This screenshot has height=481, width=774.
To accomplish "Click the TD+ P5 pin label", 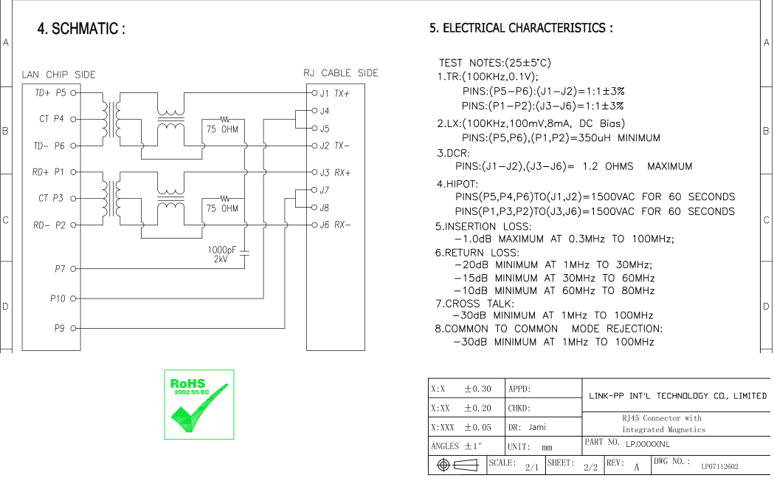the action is click(x=50, y=93).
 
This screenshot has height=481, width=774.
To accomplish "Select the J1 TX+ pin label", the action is click(x=334, y=93).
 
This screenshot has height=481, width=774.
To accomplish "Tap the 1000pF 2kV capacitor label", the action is click(x=221, y=255).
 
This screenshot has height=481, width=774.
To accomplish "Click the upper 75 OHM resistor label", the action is click(x=222, y=129).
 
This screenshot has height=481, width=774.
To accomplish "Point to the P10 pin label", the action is click(x=58, y=299).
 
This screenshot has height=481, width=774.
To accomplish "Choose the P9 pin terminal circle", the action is click(x=74, y=328).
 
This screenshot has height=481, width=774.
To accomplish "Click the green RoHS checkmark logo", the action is click(x=199, y=404).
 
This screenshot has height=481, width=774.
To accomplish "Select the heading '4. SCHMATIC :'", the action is click(x=81, y=29).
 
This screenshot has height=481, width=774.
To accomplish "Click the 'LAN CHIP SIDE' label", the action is click(x=59, y=75).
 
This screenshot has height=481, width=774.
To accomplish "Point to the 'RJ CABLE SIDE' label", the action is click(x=341, y=73).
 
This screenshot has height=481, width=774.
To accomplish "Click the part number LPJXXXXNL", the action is click(x=648, y=444).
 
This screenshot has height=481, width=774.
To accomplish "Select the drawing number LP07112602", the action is click(x=719, y=466).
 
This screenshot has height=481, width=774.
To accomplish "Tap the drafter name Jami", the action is click(x=537, y=427).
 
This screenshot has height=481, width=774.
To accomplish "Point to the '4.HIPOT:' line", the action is click(x=457, y=185).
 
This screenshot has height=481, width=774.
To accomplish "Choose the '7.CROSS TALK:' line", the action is click(x=474, y=304).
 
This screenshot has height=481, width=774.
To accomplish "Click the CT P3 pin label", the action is click(x=51, y=198).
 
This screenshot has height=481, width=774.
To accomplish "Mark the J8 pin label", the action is click(x=325, y=208).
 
